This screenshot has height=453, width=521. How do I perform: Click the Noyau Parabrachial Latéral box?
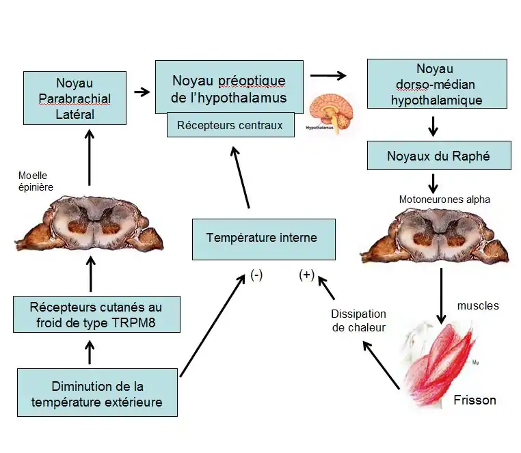pos(75,98)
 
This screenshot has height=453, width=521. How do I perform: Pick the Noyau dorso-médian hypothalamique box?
pos(437,84)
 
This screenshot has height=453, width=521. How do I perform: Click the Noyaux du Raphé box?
pos(438,156)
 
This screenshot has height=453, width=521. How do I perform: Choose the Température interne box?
pos(263,238)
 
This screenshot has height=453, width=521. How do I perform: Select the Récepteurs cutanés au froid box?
pos(96,314)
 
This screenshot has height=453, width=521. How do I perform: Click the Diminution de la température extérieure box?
pos(97,393)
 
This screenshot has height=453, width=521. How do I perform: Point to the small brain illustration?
pos(331,112)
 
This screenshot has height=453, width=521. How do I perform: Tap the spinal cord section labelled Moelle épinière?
pos(89,223)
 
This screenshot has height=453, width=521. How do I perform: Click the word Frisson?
pos(475,400)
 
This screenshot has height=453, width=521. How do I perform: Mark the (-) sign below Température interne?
pos(256,275)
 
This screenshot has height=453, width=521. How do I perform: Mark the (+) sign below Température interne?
pos(306,275)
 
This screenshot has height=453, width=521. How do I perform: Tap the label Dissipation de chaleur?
pos(358,320)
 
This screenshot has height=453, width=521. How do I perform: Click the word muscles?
pos(478,305)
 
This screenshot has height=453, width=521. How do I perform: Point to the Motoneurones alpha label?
pos(444,200)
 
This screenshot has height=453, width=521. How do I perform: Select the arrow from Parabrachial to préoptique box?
pos(142,91)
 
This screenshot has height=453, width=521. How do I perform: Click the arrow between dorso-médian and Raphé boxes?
pos(433,126)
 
